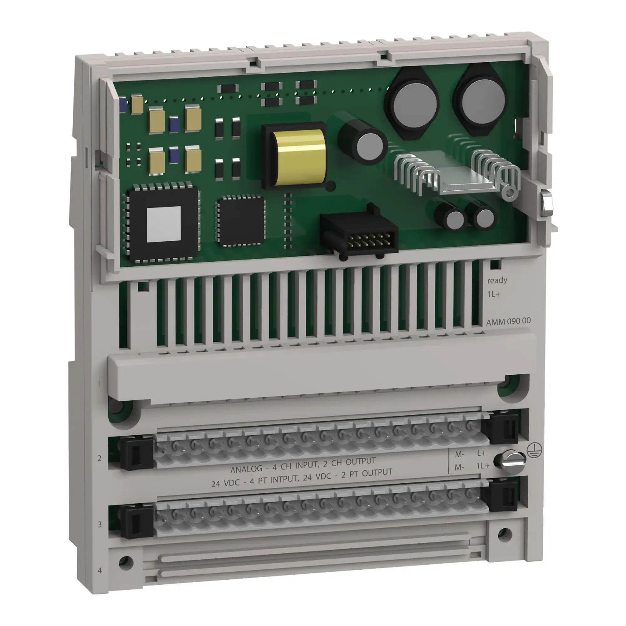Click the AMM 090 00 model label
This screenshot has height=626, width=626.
(x=508, y=321)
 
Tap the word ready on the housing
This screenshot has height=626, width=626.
(x=497, y=280)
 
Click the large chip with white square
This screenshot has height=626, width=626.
(x=163, y=224)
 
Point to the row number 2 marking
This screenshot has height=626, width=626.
(x=100, y=458)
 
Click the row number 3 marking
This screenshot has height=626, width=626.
(x=100, y=524)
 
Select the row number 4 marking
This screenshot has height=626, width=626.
(x=100, y=570)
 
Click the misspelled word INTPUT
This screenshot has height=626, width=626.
(x=285, y=479)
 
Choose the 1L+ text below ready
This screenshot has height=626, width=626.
(x=494, y=294)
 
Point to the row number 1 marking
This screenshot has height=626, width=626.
(x=99, y=384)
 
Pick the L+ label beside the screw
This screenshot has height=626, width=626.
(x=481, y=453)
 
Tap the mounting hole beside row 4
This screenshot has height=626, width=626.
(x=126, y=563)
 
